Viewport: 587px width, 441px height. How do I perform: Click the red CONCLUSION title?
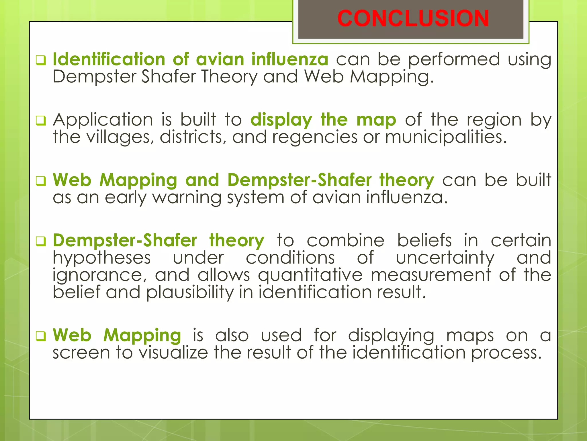(x=413, y=19)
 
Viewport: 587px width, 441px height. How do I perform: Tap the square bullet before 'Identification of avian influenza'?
(x=41, y=60)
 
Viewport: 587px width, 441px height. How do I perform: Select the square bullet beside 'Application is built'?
(x=41, y=121)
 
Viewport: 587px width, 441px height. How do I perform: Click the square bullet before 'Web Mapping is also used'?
(x=41, y=336)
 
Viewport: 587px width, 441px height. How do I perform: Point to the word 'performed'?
(x=454, y=60)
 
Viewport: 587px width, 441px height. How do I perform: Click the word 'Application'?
(x=103, y=120)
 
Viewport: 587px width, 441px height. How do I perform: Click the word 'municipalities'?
(x=446, y=137)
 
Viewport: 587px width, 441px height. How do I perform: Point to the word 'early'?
(x=126, y=198)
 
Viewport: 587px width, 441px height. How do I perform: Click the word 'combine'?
(x=345, y=241)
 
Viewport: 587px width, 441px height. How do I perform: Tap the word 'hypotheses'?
(x=102, y=258)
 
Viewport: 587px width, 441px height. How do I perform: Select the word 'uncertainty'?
(x=445, y=258)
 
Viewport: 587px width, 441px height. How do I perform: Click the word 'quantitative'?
(x=310, y=275)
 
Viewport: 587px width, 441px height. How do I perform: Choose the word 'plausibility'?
(x=190, y=293)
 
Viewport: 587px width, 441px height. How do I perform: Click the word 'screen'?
(x=81, y=353)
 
